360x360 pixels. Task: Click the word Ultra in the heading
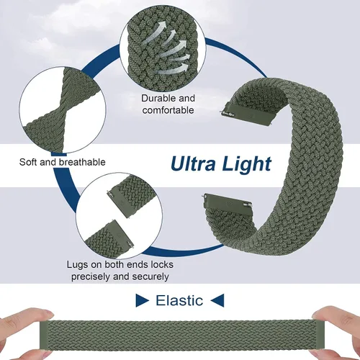point(193,164)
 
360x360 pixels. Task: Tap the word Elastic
point(179,300)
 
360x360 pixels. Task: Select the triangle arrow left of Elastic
point(143,300)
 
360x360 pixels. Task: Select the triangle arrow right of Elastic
point(217,300)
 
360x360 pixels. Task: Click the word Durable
point(157,98)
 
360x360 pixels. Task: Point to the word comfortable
point(168,110)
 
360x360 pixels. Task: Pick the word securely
point(150,276)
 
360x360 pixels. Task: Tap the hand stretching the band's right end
point(336,333)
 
